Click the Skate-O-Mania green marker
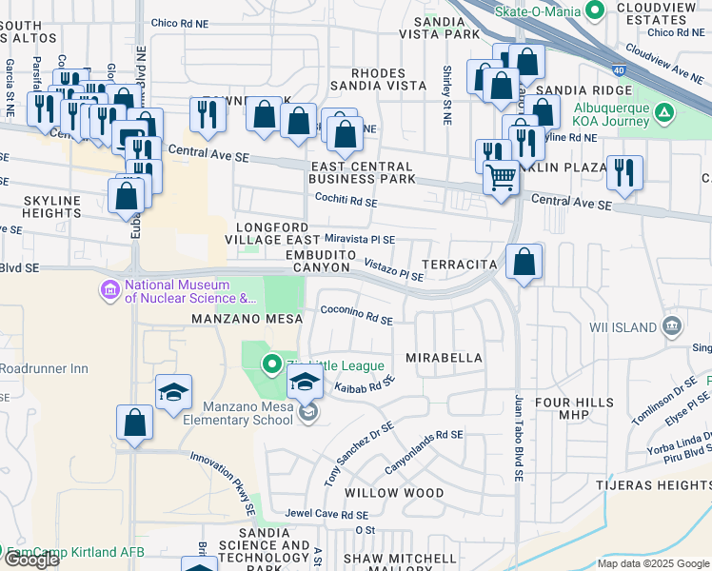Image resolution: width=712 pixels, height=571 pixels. [596, 10]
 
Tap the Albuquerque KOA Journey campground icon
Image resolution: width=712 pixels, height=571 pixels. [664, 115]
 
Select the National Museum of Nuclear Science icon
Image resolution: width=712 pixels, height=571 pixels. [109, 288]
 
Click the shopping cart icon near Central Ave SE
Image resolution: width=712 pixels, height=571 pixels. [501, 177]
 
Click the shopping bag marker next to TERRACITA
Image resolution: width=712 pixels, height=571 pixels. [524, 262]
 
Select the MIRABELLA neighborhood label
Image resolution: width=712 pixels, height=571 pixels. [444, 358]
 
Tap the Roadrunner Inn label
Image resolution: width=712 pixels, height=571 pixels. [44, 368]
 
